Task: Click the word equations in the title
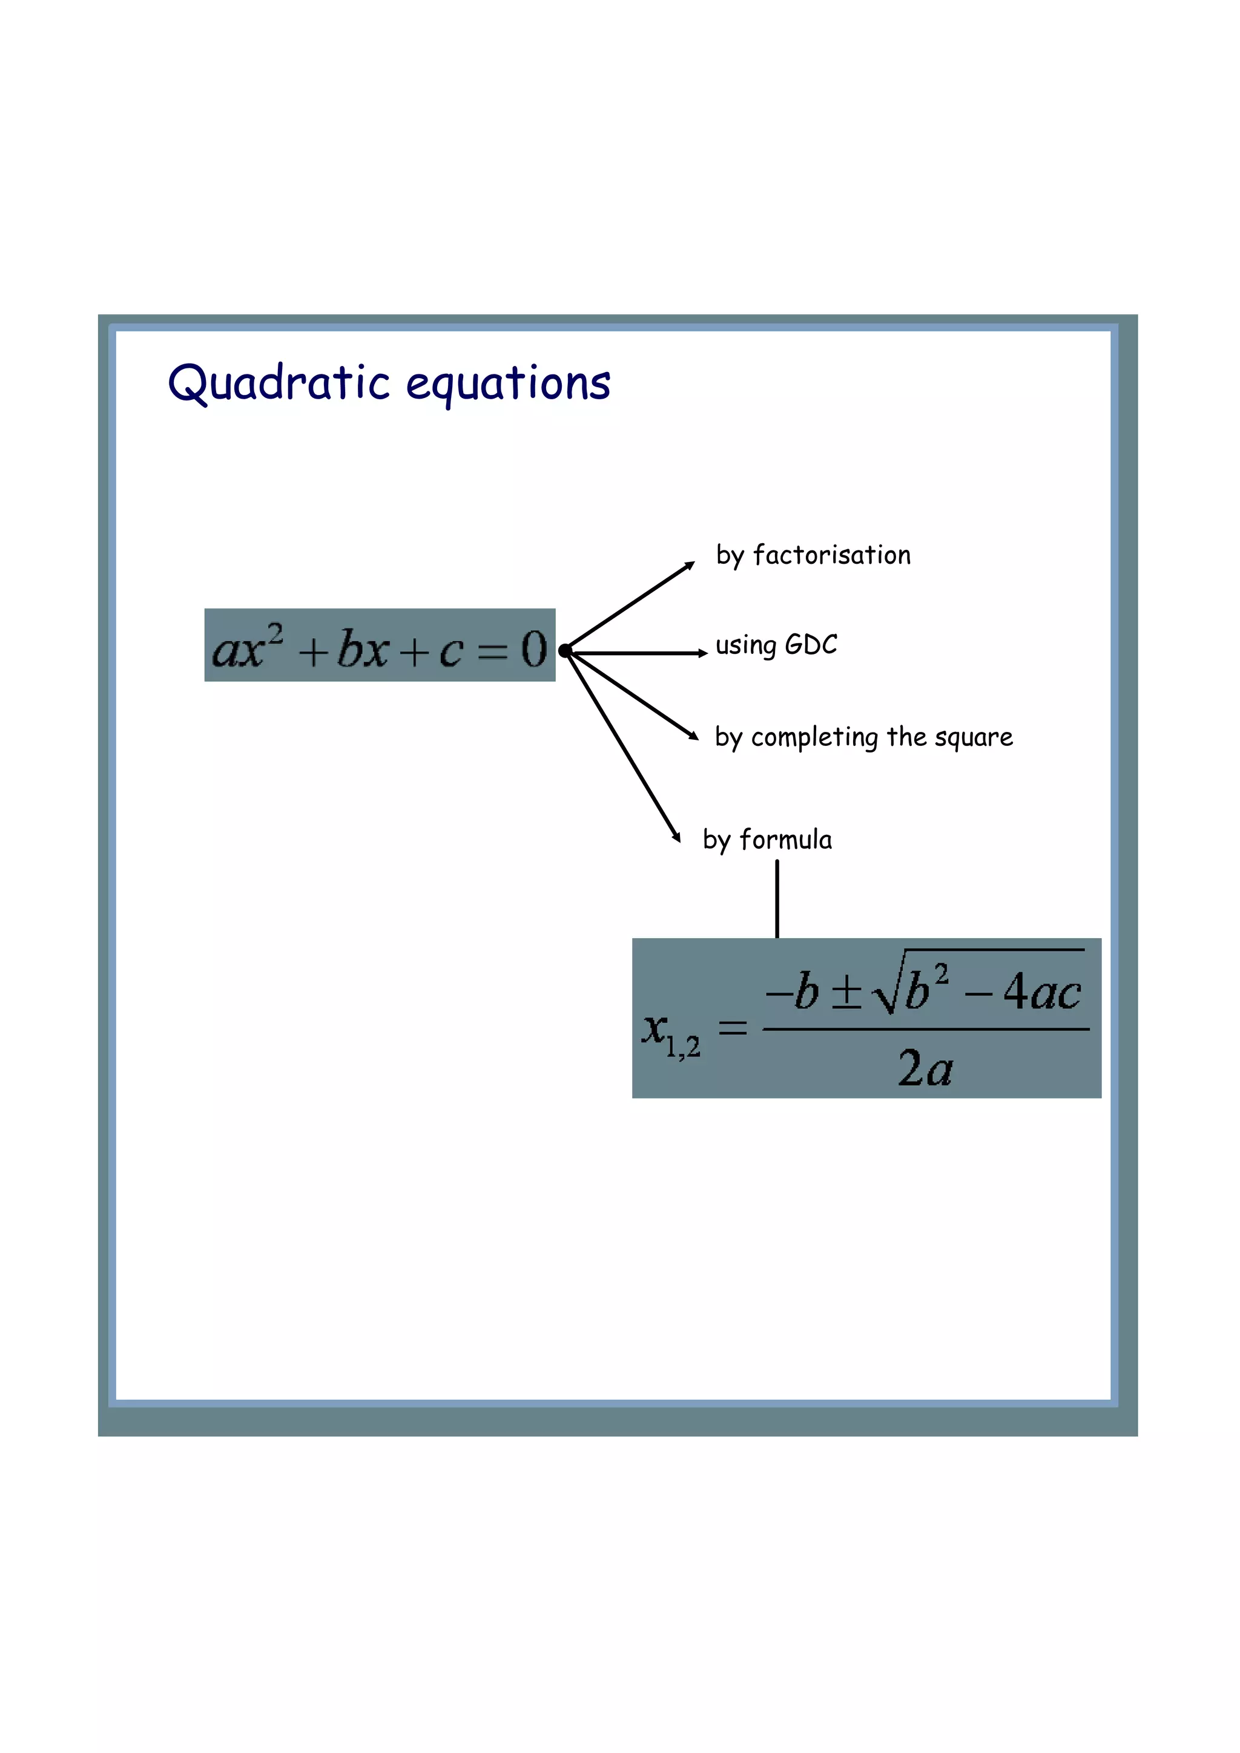pyautogui.click(x=508, y=384)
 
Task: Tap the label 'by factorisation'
pyautogui.click(x=813, y=555)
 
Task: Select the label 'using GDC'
pyautogui.click(x=776, y=645)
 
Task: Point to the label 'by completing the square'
pyautogui.click(x=863, y=737)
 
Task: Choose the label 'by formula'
pyautogui.click(x=767, y=840)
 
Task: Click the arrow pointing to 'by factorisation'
pyautogui.click(x=630, y=606)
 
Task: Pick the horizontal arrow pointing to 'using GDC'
pyautogui.click(x=638, y=653)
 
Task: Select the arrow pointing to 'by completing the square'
pyautogui.click(x=633, y=695)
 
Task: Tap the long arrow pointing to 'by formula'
pyautogui.click(x=622, y=746)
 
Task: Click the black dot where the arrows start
pyautogui.click(x=565, y=650)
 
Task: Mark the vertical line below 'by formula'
pyautogui.click(x=777, y=899)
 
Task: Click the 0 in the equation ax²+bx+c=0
pyautogui.click(x=533, y=649)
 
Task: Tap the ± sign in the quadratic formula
pyautogui.click(x=846, y=993)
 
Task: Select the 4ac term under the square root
pyautogui.click(x=1041, y=993)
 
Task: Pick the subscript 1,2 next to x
pyautogui.click(x=682, y=1046)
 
